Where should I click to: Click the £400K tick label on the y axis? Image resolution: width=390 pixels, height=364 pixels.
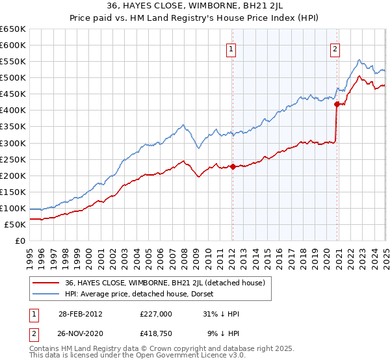pos(13,110)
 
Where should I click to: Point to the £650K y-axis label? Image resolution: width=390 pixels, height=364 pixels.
pos(13,29)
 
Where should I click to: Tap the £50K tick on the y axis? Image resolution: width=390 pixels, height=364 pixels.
pos(16,224)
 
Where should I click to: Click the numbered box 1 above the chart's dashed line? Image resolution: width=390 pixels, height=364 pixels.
pos(231,48)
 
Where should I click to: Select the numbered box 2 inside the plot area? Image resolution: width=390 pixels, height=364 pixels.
pos(335,48)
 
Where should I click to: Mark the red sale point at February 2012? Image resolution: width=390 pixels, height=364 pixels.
pos(233,166)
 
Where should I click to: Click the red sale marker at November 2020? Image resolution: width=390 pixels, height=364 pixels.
pos(337,104)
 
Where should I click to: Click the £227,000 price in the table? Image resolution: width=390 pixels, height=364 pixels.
pos(155,314)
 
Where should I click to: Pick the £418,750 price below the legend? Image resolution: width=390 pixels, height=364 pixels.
pos(155,333)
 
